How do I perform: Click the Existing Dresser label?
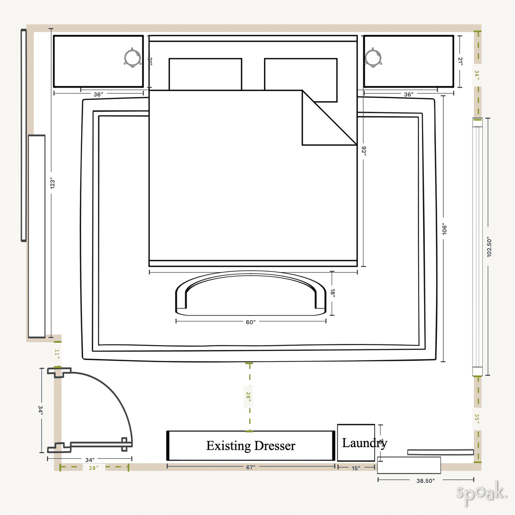click(x=251, y=446)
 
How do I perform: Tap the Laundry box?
click(x=356, y=442)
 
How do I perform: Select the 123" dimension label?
click(x=52, y=184)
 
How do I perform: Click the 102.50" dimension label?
click(x=489, y=247)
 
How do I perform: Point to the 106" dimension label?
click(x=444, y=229)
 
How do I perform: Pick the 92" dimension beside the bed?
click(x=364, y=151)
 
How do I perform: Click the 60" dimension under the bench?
click(x=251, y=322)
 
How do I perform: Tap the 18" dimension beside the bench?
click(x=333, y=293)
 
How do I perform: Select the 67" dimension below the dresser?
click(x=251, y=467)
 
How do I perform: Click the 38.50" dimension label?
click(x=425, y=481)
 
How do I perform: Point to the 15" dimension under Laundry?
click(x=356, y=468)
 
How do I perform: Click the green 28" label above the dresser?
click(x=248, y=396)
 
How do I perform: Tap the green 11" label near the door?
click(x=57, y=355)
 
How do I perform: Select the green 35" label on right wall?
click(x=476, y=418)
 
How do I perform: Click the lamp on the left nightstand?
click(x=132, y=58)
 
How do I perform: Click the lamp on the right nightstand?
click(x=373, y=58)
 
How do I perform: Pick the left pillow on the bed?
click(x=205, y=74)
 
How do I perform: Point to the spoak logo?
click(x=481, y=493)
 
